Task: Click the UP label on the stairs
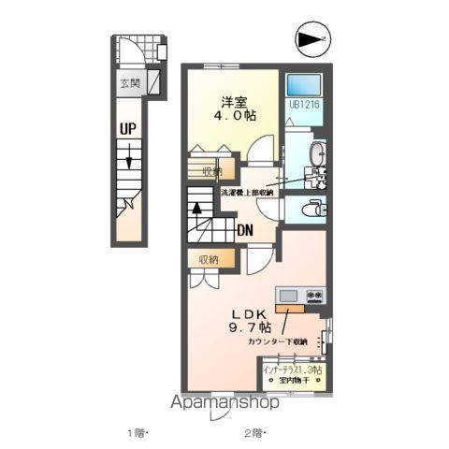point(127,130)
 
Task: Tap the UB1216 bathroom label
point(305,106)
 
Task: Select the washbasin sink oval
point(316,153)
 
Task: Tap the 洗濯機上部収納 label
point(247,193)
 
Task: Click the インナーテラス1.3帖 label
point(293,370)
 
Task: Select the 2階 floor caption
point(255,432)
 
